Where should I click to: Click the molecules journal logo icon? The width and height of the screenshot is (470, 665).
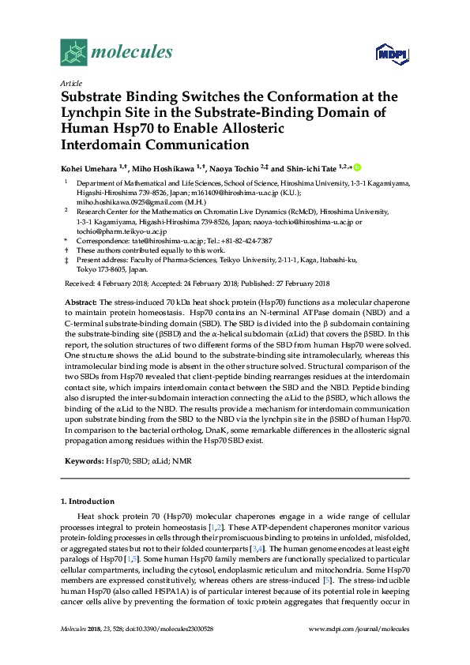point(74,53)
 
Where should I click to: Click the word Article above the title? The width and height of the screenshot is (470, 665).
point(70,83)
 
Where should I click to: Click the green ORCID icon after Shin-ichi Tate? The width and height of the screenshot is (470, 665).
point(357,167)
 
